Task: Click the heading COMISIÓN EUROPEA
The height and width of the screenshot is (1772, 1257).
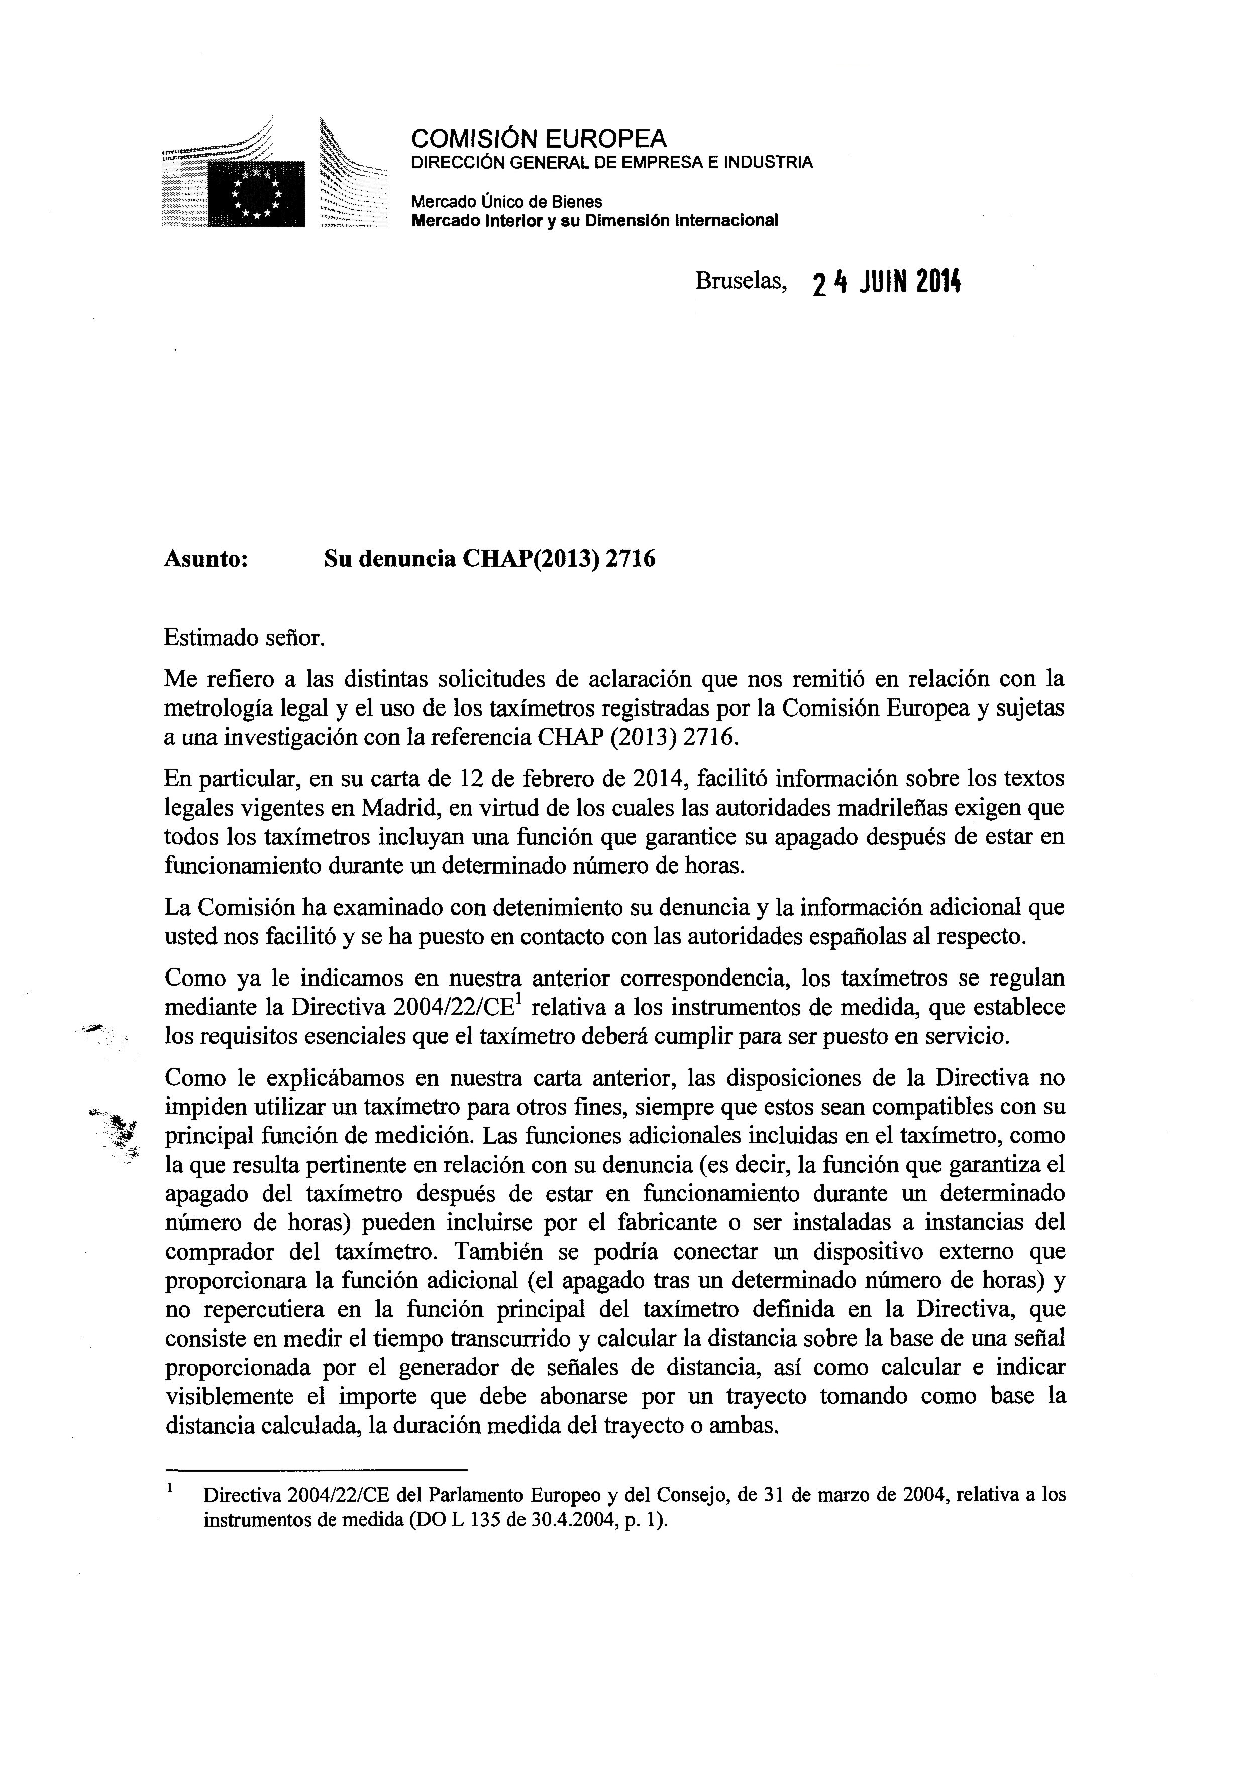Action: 538,139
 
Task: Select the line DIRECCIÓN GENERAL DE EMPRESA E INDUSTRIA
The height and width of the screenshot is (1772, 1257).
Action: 611,162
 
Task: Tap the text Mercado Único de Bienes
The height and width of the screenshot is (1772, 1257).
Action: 506,201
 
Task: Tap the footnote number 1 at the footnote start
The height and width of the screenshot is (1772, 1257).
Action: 169,1488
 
